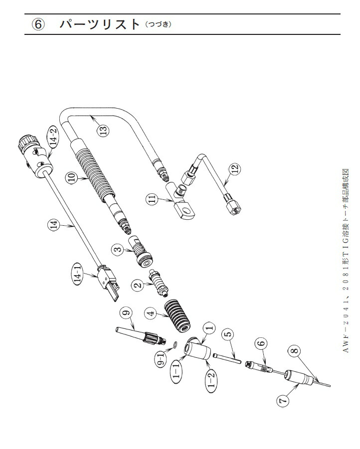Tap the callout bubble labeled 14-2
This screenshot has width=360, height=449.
click(52, 137)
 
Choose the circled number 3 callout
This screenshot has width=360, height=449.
click(117, 250)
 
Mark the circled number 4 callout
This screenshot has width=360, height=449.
click(149, 314)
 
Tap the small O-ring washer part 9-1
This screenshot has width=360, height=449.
click(177, 345)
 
